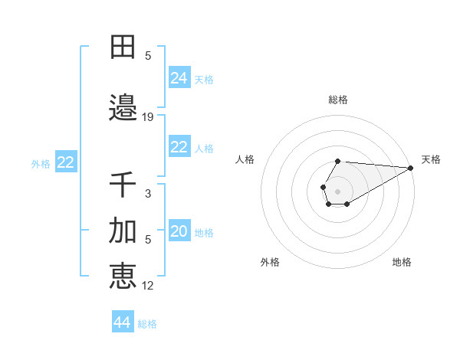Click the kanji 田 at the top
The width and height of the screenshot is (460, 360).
tap(123, 47)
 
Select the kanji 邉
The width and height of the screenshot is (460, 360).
tap(123, 108)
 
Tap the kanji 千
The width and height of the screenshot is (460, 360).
tap(123, 185)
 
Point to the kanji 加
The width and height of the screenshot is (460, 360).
tap(123, 231)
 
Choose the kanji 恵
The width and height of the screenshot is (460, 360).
tap(123, 276)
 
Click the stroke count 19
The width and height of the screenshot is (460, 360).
tap(148, 117)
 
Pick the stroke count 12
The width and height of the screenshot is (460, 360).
tap(148, 286)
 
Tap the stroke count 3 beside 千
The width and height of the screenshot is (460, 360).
tap(148, 194)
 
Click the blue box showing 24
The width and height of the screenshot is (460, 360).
tap(179, 78)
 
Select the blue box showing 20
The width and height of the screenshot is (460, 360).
tap(179, 232)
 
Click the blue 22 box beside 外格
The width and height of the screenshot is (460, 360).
tap(66, 162)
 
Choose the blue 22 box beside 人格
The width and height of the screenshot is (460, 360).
tap(179, 148)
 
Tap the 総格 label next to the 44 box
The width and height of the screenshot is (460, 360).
tap(147, 324)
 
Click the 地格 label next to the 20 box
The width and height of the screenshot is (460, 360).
tap(204, 233)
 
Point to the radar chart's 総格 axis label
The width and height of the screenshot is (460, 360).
tap(338, 100)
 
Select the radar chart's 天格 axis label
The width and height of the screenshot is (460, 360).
tap(431, 159)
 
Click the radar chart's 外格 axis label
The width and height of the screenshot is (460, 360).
tap(270, 262)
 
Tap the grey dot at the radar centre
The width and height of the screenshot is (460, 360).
tap(338, 191)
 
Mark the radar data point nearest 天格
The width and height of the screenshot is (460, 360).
tap(411, 168)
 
